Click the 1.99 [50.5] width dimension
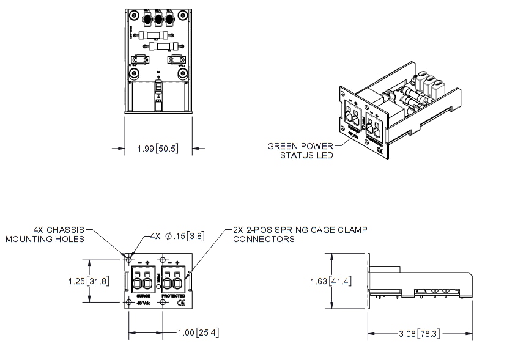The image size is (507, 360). pyautogui.click(x=159, y=148)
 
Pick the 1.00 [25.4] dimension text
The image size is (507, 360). pyautogui.click(x=198, y=333)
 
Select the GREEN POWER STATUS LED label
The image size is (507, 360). pyautogui.click(x=300, y=151)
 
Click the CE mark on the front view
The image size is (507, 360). pyautogui.click(x=181, y=303)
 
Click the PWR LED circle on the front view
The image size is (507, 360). pyautogui.click(x=158, y=287)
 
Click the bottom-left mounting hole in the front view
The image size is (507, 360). pyautogui.click(x=129, y=303)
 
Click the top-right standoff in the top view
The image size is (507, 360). pyautogui.click(x=183, y=13)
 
